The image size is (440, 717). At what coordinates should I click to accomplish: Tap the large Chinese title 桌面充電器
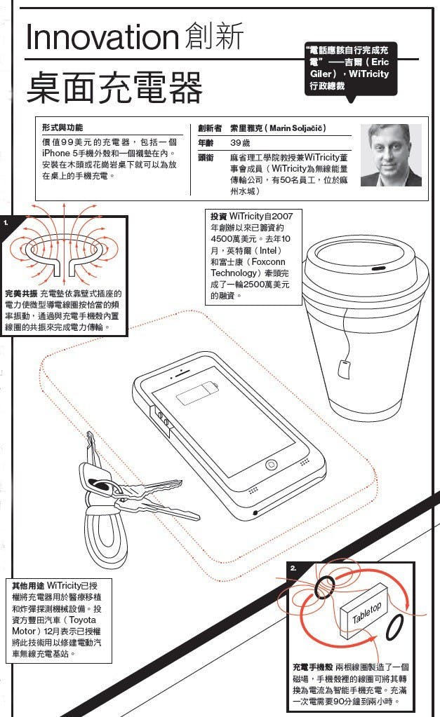point(114,87)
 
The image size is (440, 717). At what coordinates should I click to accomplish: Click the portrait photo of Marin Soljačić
point(390,155)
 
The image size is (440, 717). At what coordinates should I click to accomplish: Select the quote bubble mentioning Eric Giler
point(349,69)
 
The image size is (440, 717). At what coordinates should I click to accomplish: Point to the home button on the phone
point(272,465)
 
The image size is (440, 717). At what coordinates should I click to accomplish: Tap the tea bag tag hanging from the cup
point(344,365)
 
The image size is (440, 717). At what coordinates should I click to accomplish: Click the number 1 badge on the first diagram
point(6,222)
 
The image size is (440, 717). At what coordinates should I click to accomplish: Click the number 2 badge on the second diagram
point(293,568)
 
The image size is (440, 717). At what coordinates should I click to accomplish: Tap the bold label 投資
point(218,216)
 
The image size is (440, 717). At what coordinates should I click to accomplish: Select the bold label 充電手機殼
point(312,667)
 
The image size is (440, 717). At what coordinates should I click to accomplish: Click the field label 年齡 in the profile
point(206,143)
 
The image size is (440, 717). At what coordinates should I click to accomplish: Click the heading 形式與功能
point(62,128)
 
